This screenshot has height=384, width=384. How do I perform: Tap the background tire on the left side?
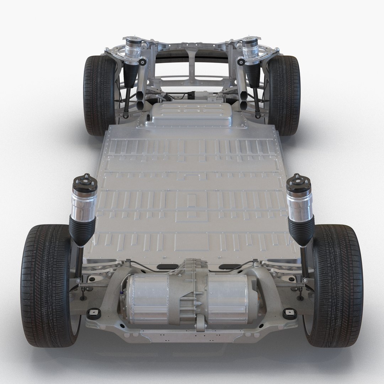98,94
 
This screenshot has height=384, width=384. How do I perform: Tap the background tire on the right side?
284,94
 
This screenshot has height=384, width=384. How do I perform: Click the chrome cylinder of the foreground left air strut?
84,204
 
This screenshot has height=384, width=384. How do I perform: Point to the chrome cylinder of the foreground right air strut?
300,204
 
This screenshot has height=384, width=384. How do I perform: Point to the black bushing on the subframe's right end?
289,313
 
